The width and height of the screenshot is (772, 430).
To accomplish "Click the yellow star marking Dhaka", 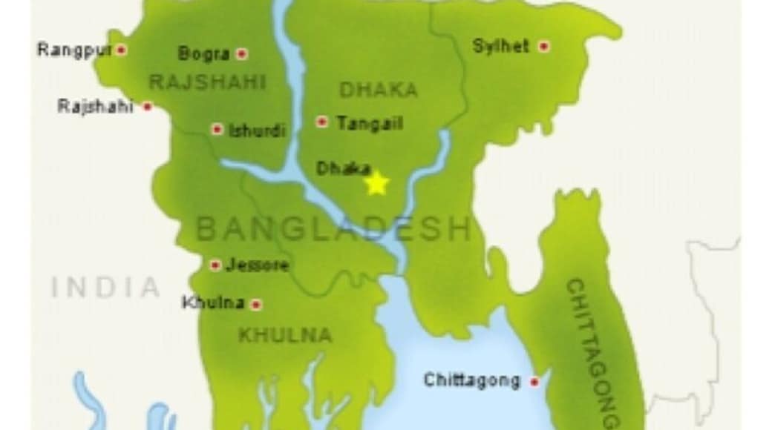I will pos(377,183).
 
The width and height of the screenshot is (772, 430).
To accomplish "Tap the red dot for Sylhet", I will pos(544,46).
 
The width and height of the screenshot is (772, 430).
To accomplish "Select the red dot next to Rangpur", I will pos(122,50).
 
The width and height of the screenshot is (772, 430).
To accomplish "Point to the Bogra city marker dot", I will pos(241,53).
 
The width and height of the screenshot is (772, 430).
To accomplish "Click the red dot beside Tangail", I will pos(322,122).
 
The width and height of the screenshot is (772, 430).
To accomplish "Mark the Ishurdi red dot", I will pos(217,129).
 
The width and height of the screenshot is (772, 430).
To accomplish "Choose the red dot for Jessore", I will pos(215,265).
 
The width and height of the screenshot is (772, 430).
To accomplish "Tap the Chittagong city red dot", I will pos(534,382).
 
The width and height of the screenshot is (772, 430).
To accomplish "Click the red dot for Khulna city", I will pos(256,304).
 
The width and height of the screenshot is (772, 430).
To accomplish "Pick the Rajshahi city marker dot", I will pos(148,107).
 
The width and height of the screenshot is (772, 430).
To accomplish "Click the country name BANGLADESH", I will pos(333,229).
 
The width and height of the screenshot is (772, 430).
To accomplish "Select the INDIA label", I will pos(105,287).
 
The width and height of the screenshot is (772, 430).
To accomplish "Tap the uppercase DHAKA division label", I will pos(378,90).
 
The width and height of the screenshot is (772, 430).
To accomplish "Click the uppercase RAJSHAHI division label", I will pos(207,82).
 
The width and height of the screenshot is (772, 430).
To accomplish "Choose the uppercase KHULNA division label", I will pos(284,335).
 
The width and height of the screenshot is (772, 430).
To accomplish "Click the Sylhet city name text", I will pos(501,46).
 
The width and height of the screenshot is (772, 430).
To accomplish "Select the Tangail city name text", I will pos(369,123).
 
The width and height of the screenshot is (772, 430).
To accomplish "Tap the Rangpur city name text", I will pos(73,50).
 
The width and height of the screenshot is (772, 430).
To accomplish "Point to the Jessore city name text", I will pos(257,265).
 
